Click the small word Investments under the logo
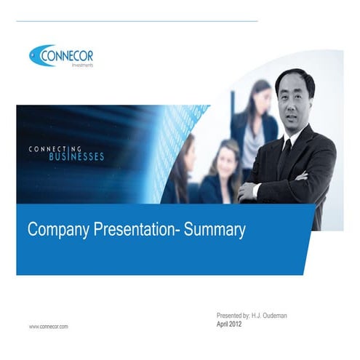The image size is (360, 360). [x=82, y=65]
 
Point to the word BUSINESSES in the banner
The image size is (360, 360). [x=76, y=156]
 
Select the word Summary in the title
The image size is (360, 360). [x=215, y=230]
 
